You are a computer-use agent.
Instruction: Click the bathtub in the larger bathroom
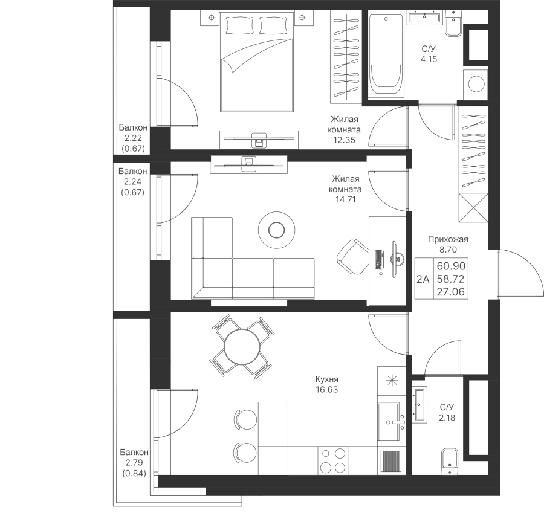386,56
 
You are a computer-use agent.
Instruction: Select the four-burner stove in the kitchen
332,460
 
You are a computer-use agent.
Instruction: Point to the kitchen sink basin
389,421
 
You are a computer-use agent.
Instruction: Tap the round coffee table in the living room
276,230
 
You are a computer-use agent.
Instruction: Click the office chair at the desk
352,257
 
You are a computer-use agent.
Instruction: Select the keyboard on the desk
379,259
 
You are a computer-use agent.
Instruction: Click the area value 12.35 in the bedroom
345,140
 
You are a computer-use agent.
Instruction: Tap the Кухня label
327,379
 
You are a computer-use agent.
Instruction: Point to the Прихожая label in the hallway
448,239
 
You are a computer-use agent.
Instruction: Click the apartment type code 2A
423,279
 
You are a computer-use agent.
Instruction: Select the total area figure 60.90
451,266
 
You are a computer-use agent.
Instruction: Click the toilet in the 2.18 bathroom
450,461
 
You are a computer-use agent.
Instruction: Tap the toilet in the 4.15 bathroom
453,23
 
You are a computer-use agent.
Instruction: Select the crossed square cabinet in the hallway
473,208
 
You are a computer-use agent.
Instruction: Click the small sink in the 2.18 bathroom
419,404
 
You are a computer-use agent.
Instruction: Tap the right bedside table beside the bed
302,18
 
